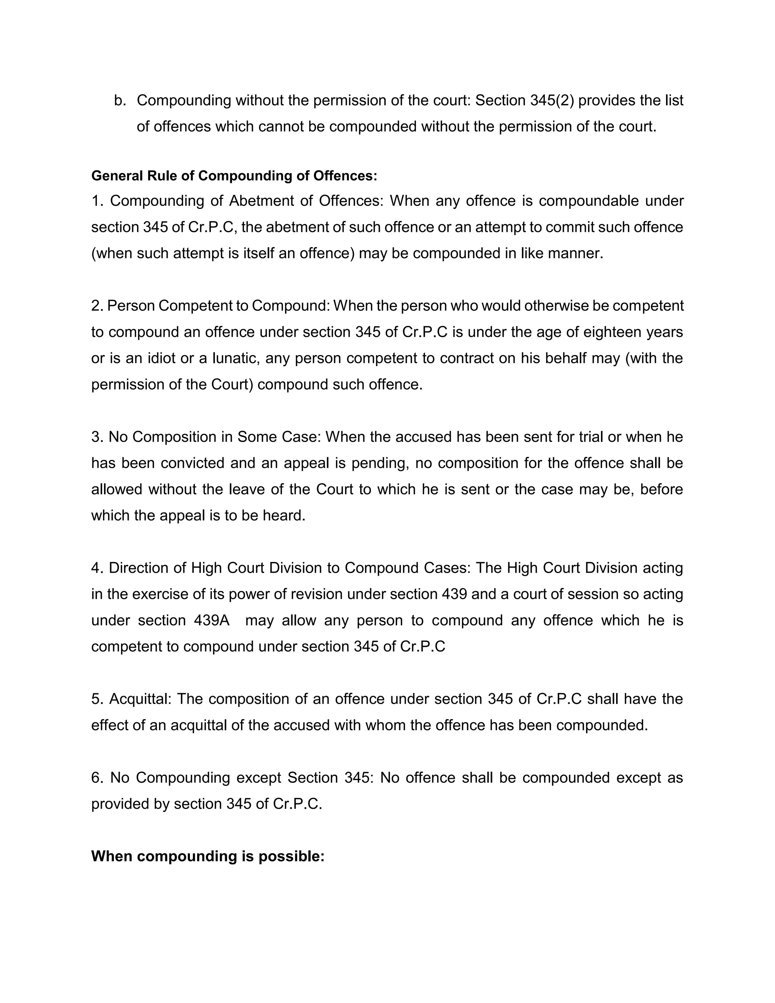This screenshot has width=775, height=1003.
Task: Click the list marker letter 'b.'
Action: (120, 101)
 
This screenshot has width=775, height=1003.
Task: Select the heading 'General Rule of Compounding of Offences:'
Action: (234, 176)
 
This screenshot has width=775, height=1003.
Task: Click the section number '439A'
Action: (211, 620)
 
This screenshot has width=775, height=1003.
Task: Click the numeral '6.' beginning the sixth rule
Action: (98, 777)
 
